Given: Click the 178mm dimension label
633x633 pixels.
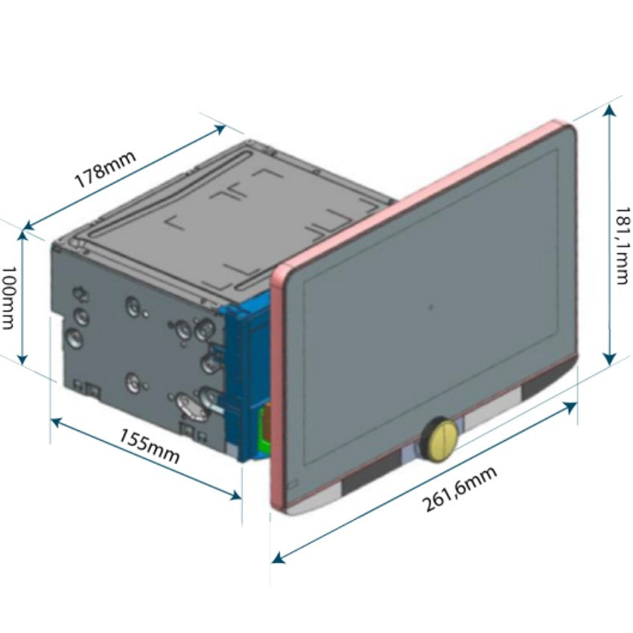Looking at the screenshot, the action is click(105, 170).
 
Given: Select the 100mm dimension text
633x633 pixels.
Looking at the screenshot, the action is click(8, 298).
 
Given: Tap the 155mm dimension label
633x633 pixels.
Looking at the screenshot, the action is click(149, 445).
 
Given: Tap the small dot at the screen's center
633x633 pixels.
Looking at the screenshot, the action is click(430, 307).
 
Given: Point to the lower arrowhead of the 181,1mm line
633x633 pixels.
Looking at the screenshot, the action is click(610, 358).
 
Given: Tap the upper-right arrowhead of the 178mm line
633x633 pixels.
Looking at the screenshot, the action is click(219, 129).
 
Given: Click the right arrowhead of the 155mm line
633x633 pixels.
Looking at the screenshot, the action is click(235, 494).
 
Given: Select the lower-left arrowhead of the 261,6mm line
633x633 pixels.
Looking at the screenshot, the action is click(279, 558).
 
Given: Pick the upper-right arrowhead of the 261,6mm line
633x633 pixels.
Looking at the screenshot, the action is click(570, 408).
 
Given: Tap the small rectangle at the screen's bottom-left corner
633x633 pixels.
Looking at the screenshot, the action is click(293, 483).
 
